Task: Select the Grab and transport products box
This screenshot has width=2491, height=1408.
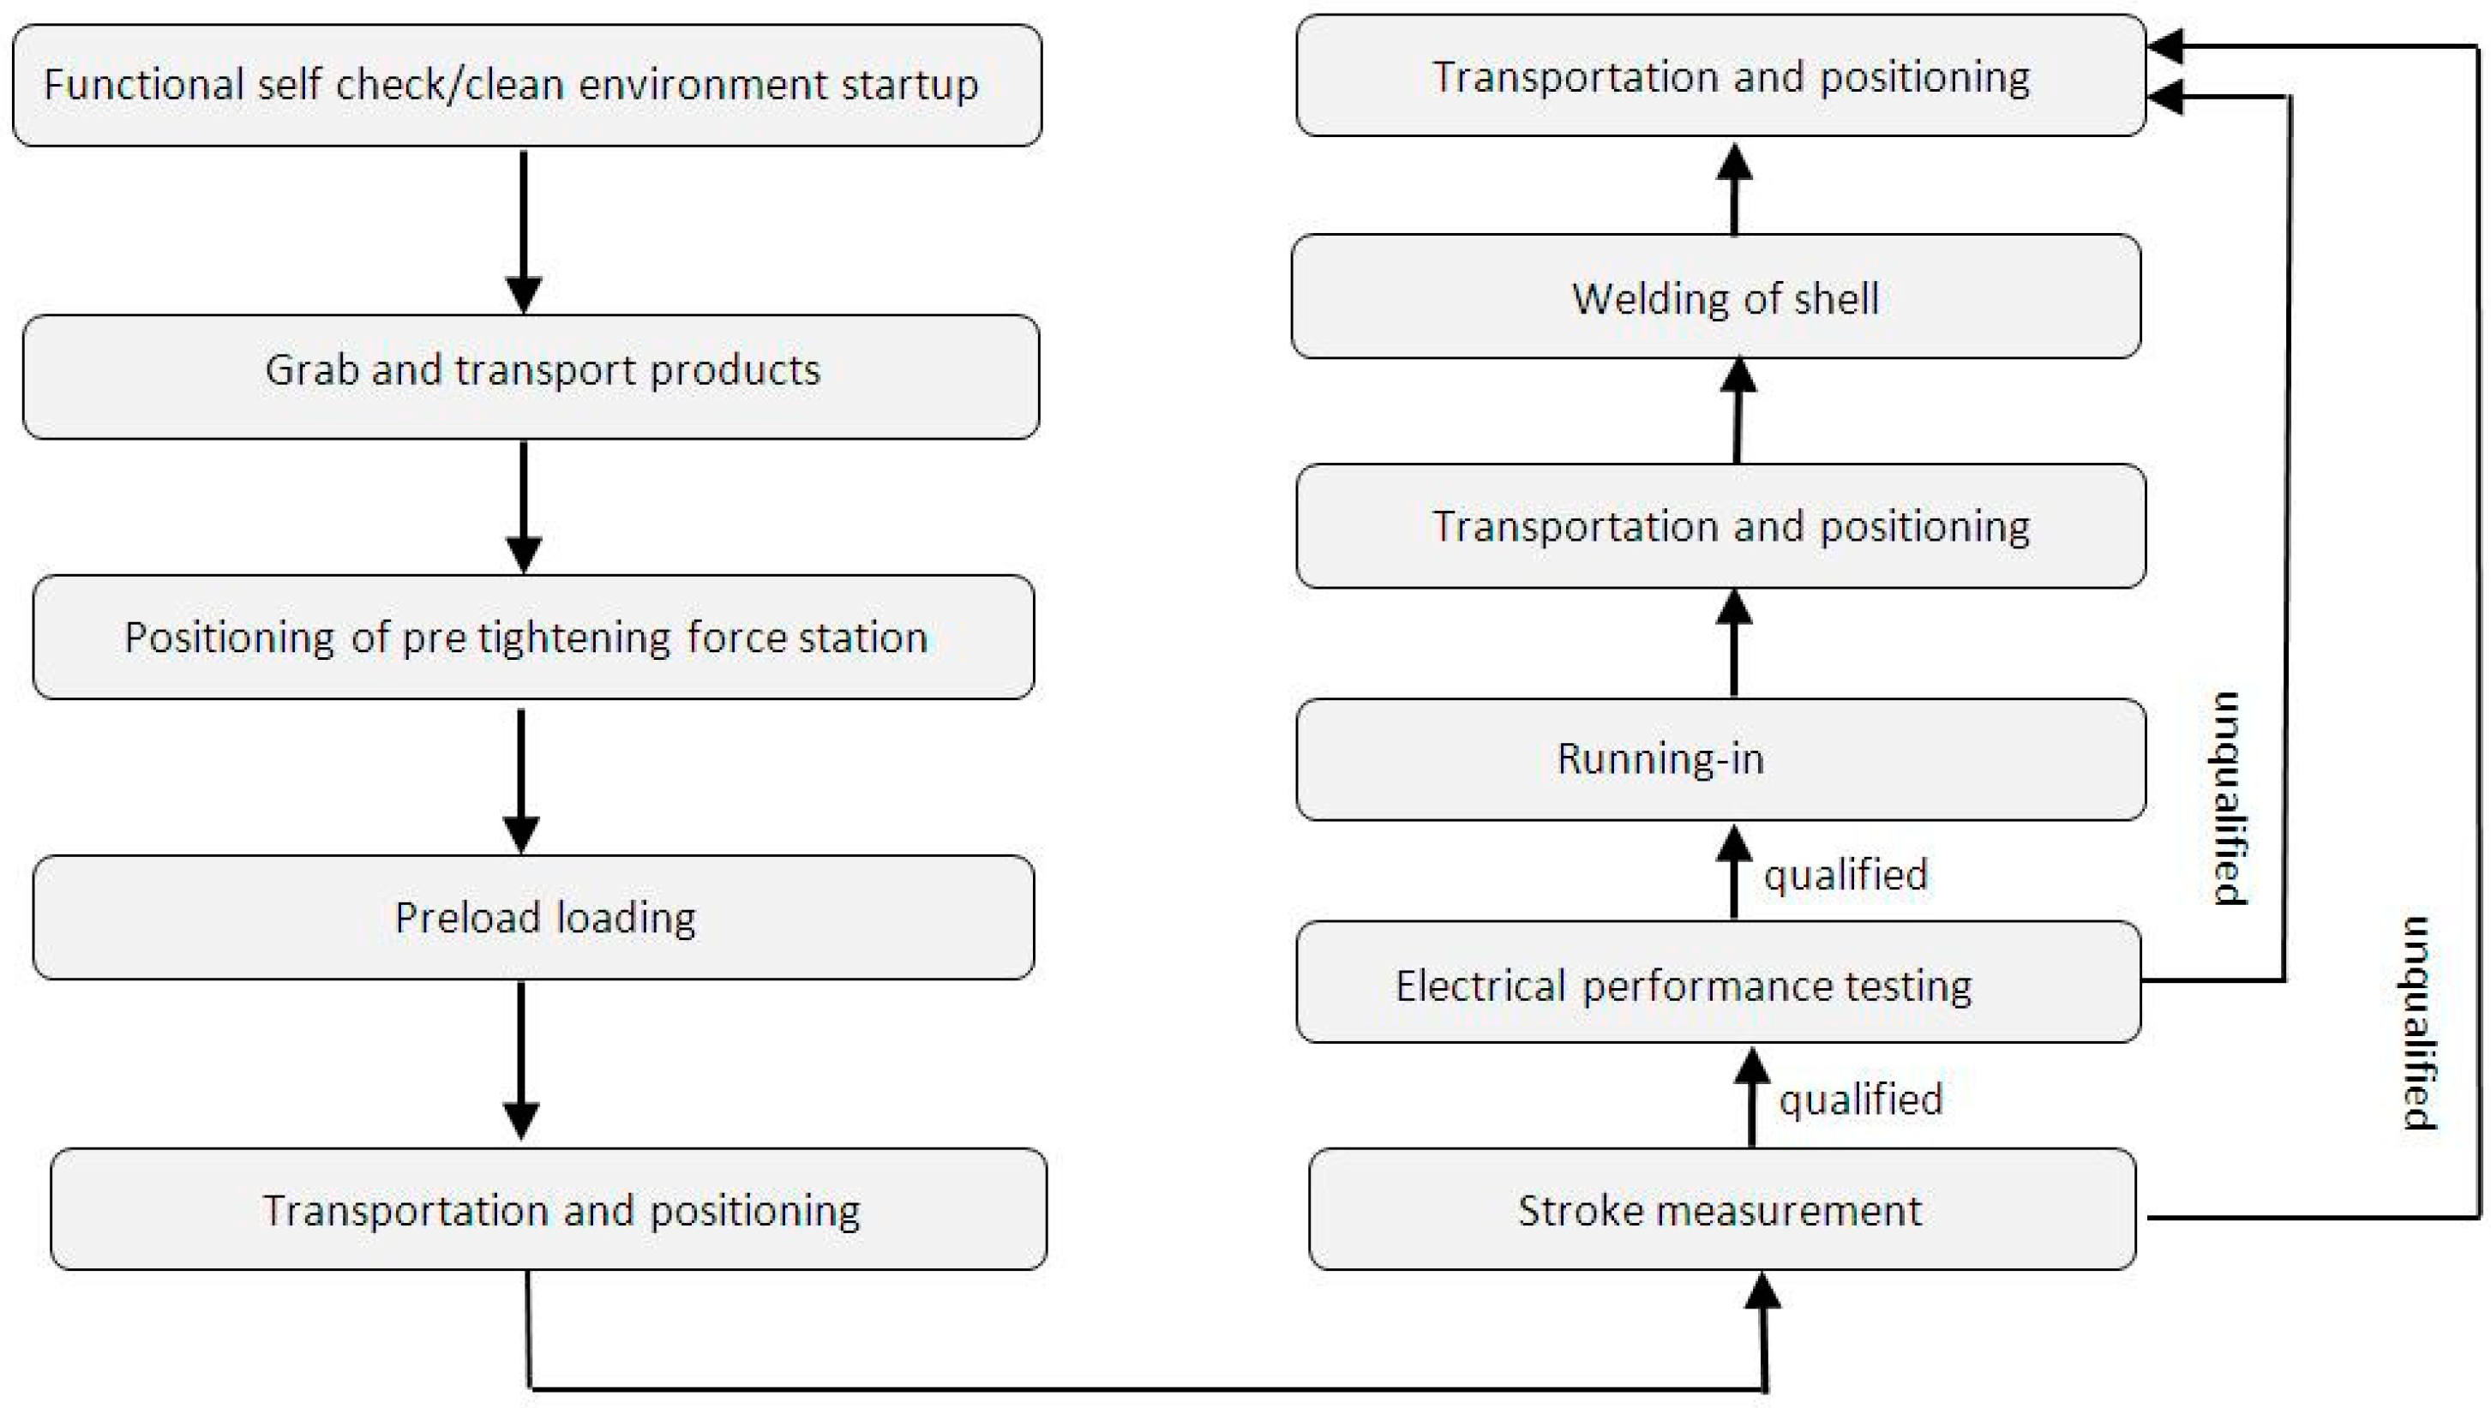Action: click(531, 376)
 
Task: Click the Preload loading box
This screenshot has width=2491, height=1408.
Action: click(533, 917)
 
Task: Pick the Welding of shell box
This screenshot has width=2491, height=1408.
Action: click(1715, 297)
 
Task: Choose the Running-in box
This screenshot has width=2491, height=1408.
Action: click(1720, 759)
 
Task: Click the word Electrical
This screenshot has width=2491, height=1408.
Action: click(1480, 986)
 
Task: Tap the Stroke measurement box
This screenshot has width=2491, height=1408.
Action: click(1721, 1210)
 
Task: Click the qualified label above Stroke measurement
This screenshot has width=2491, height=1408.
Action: click(1860, 1099)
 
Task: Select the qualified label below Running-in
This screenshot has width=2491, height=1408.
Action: click(1845, 875)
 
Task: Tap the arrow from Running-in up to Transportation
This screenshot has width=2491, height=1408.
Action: click(1734, 643)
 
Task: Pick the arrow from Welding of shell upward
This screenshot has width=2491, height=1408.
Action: click(1734, 189)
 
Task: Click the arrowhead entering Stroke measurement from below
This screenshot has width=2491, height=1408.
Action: click(1763, 1291)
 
